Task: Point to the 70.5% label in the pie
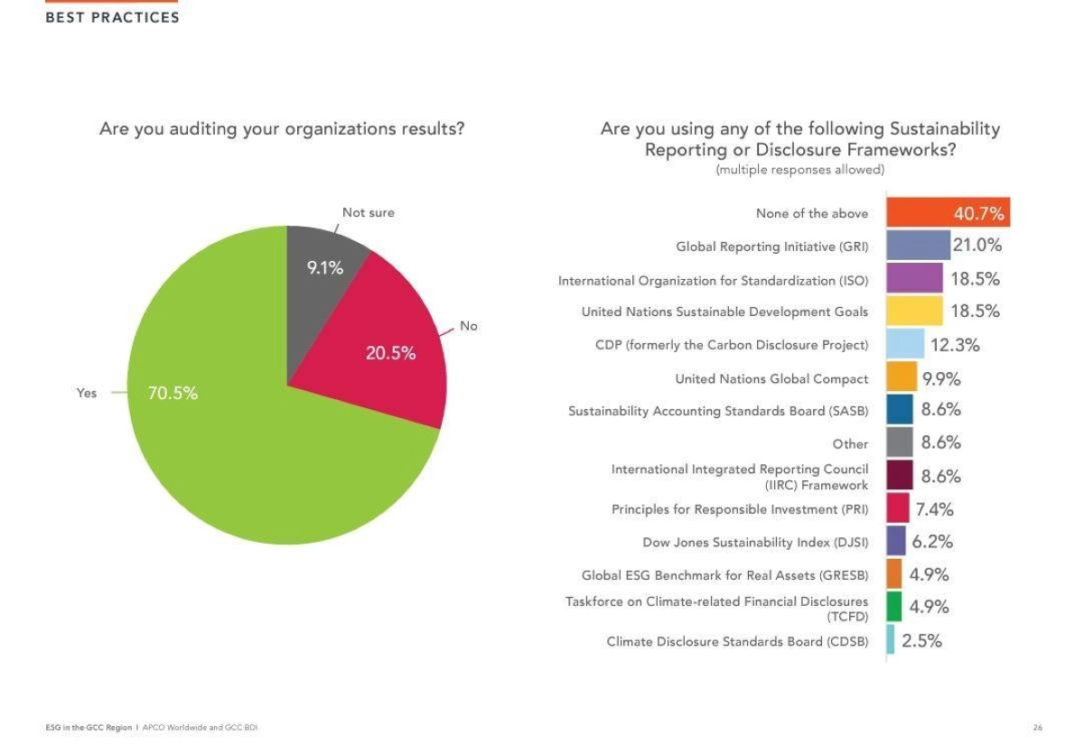[173, 394]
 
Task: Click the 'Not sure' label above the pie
[368, 213]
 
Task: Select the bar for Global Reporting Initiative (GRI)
[918, 246]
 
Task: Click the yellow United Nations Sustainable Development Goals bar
[914, 311]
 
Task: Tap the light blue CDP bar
[905, 344]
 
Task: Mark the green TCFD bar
[894, 607]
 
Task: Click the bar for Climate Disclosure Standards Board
[891, 640]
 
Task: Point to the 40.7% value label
[978, 214]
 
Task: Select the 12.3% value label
[955, 344]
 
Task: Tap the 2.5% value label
[921, 640]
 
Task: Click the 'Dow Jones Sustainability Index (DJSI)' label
[755, 543]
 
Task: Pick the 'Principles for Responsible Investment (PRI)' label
[740, 509]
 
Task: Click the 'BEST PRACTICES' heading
[112, 18]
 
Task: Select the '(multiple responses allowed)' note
[799, 170]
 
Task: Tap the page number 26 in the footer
[1038, 727]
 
